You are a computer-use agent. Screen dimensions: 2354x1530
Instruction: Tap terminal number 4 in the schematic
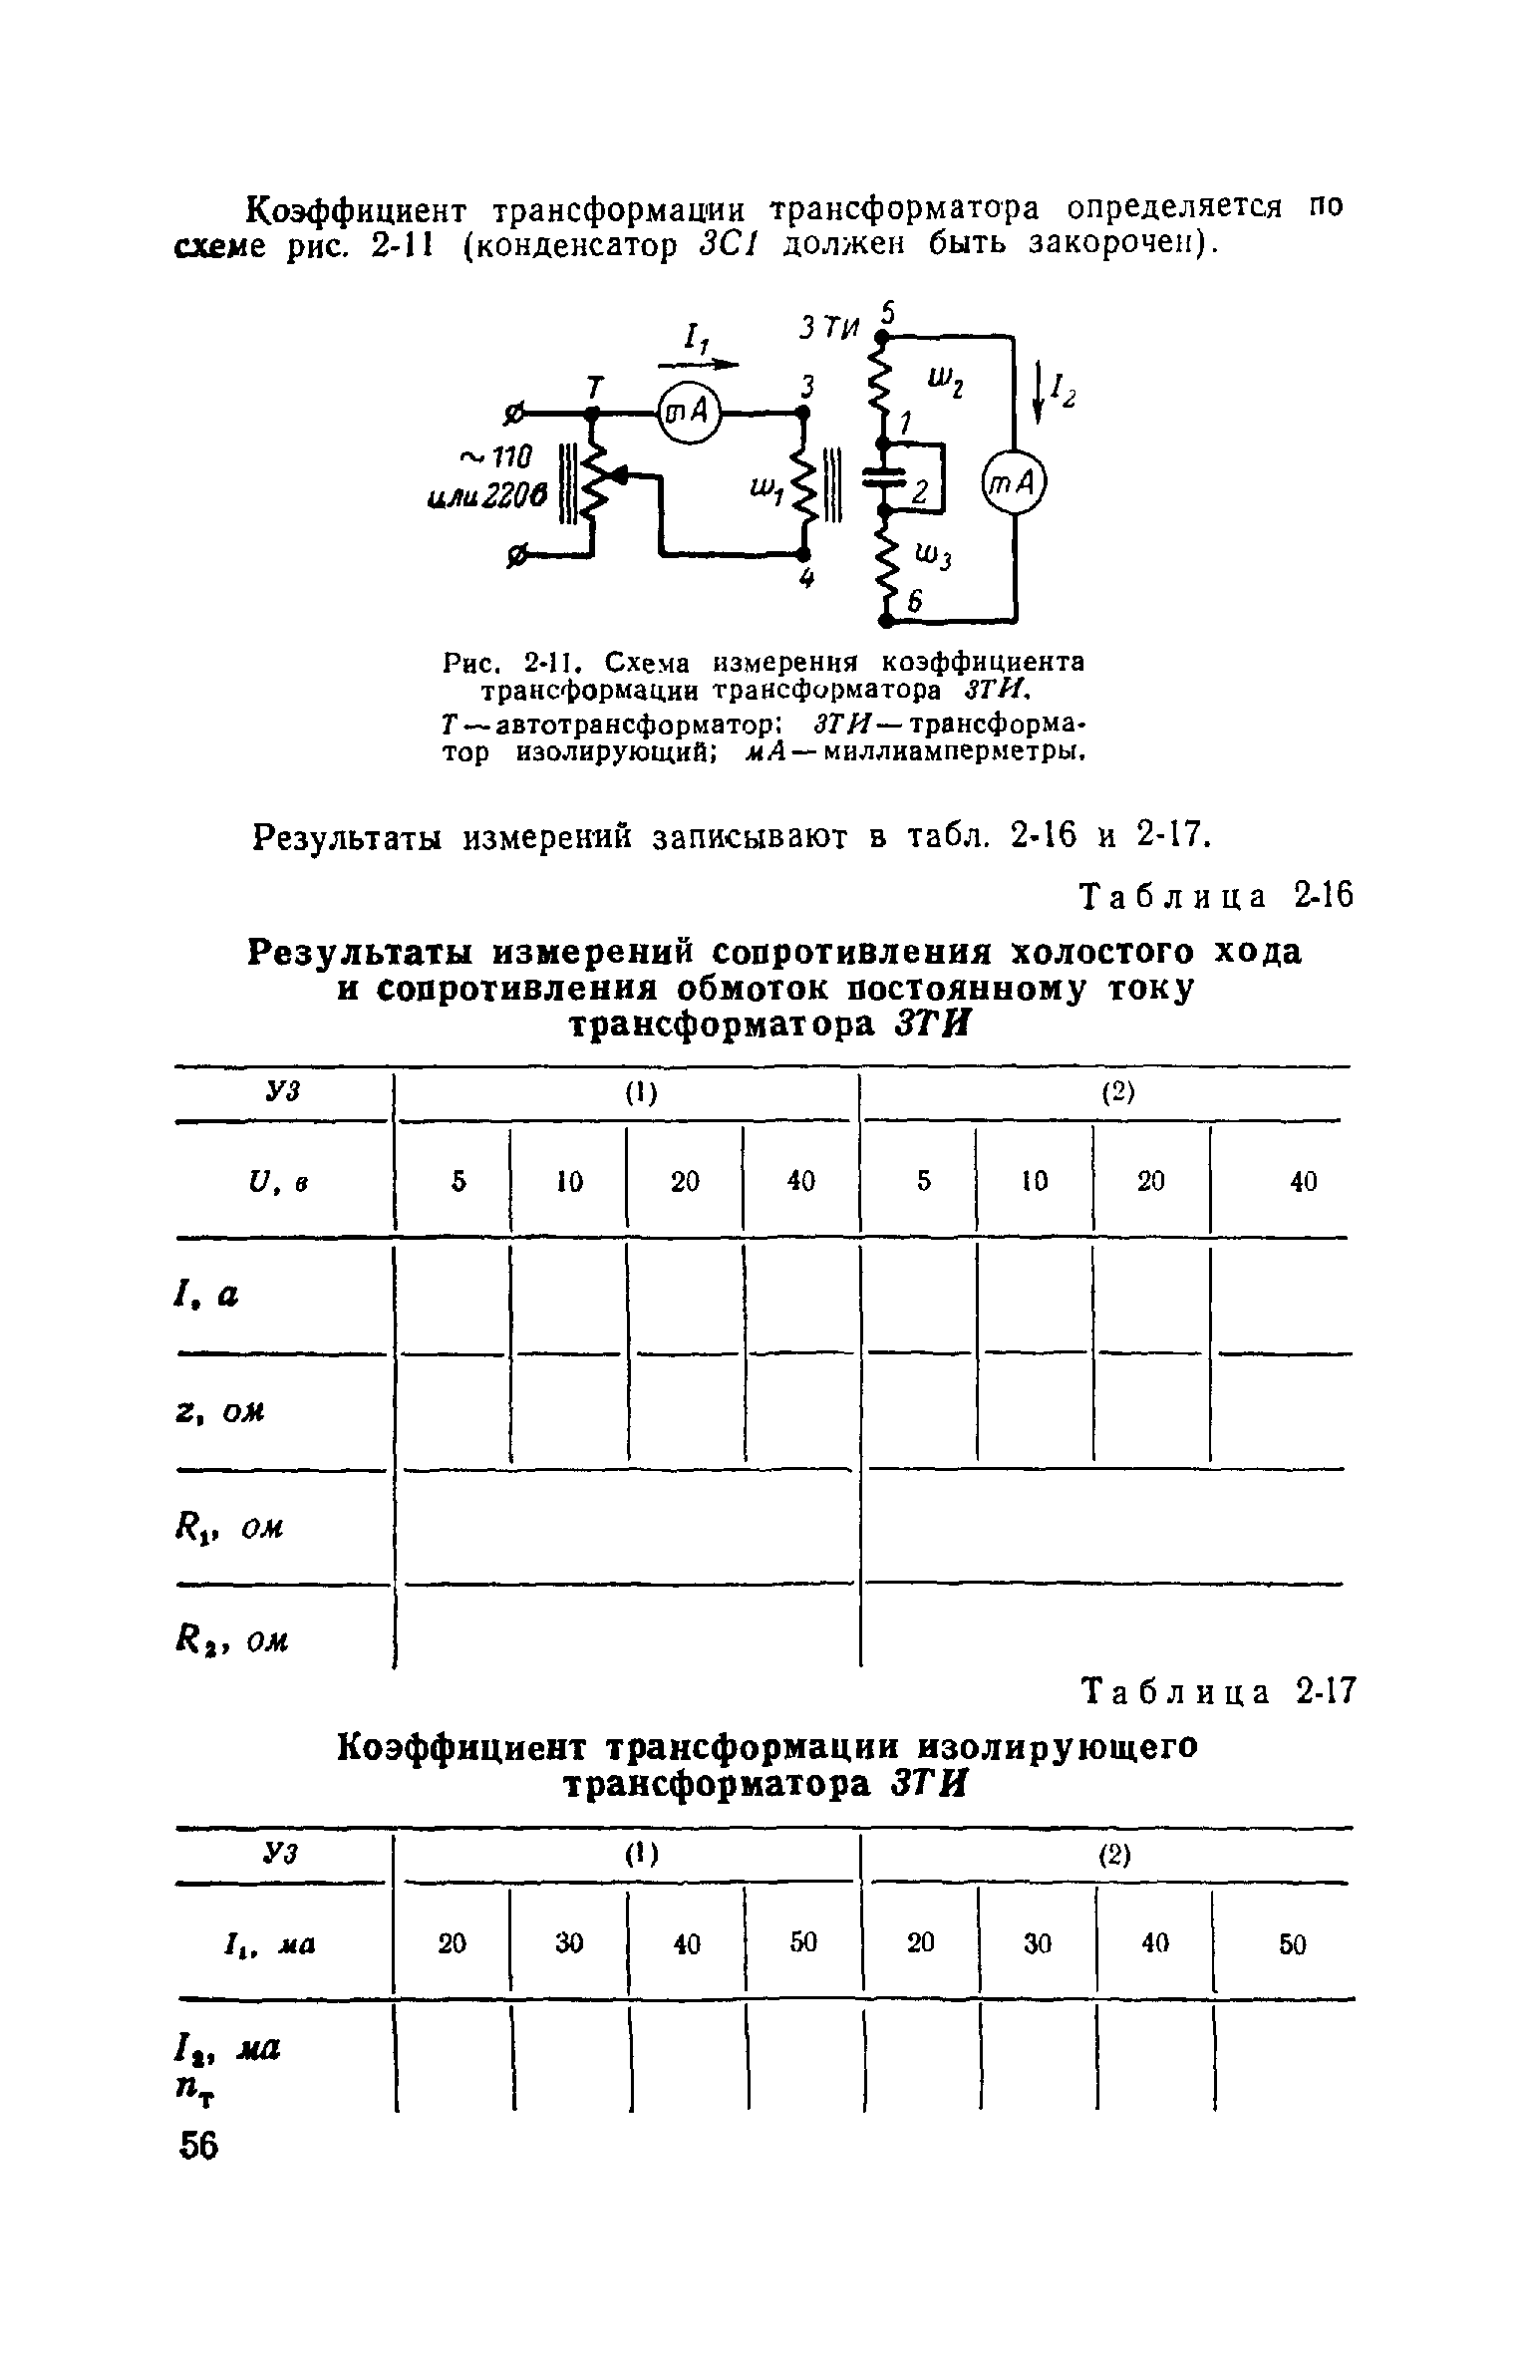pos(808,581)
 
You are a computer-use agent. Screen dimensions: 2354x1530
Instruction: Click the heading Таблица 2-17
pos(1218,1691)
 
